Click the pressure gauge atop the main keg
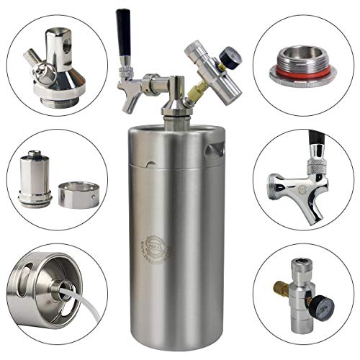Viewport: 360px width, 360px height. click(x=231, y=54)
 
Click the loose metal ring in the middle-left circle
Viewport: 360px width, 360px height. click(x=78, y=194)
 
